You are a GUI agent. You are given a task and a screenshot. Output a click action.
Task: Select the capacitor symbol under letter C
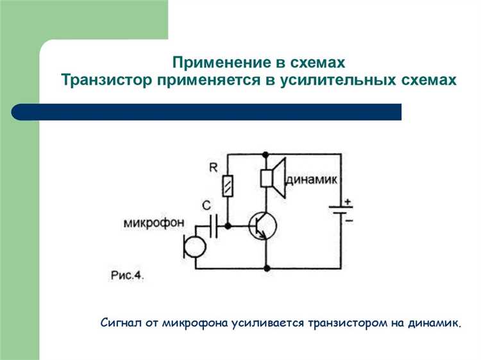pyautogui.click(x=214, y=225)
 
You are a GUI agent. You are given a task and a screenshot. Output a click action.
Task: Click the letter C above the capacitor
pyautogui.click(x=206, y=206)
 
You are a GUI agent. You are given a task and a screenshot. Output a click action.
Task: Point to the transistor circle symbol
pyautogui.click(x=264, y=226)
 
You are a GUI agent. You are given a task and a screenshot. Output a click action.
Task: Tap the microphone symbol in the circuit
pyautogui.click(x=192, y=246)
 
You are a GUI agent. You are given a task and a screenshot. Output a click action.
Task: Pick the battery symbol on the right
pyautogui.click(x=339, y=211)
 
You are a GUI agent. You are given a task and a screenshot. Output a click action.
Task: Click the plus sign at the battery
pyautogui.click(x=349, y=201)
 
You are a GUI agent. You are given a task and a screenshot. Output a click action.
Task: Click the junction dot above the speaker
pyautogui.click(x=266, y=154)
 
